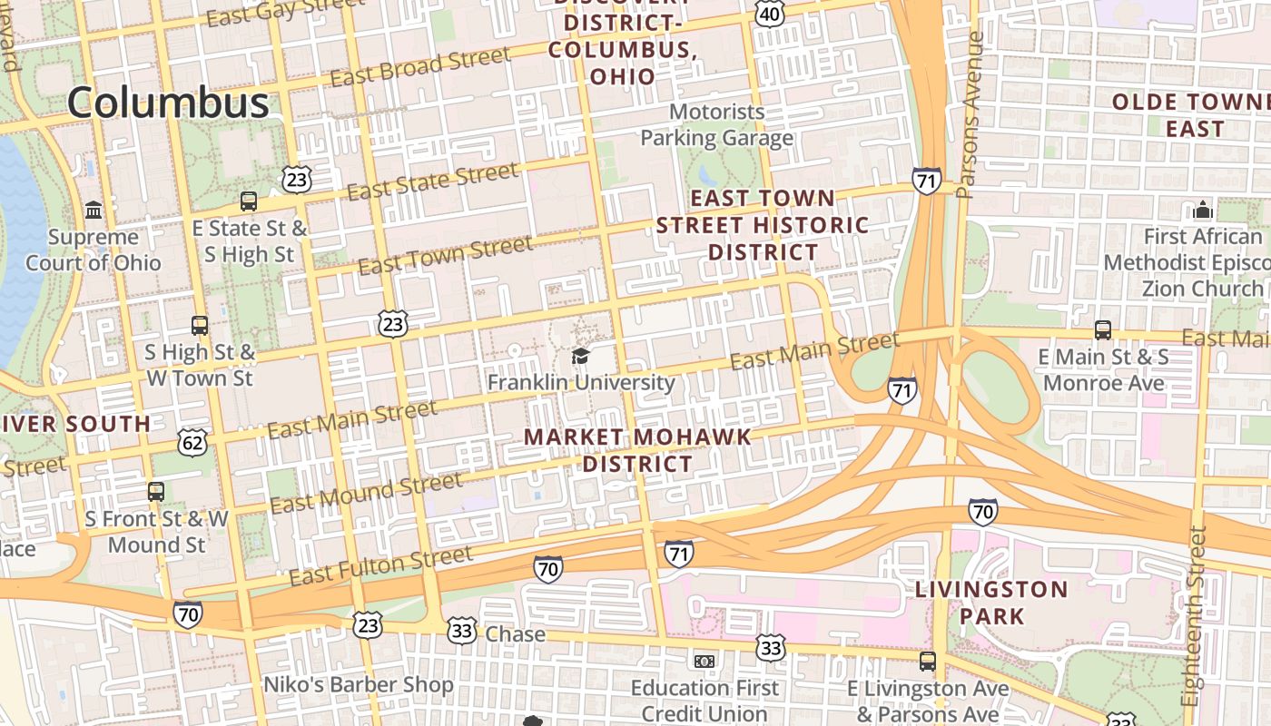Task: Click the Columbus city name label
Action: pyautogui.click(x=168, y=102)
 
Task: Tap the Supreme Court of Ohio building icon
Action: pyautogui.click(x=94, y=211)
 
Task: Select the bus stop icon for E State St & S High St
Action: pyautogui.click(x=249, y=201)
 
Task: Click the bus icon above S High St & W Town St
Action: pyautogui.click(x=200, y=325)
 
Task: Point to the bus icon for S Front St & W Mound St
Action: pyautogui.click(x=156, y=492)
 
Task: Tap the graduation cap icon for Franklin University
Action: pyautogui.click(x=580, y=355)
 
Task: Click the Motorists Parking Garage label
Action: pyautogui.click(x=716, y=125)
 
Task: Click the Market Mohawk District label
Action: pyautogui.click(x=637, y=450)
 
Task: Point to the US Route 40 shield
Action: pyautogui.click(x=769, y=13)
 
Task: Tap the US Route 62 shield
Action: pyautogui.click(x=193, y=442)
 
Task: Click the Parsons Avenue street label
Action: pyautogui.click(x=970, y=115)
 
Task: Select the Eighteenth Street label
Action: pyautogui.click(x=1194, y=617)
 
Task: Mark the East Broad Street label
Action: pyautogui.click(x=420, y=68)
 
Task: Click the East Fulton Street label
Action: pyautogui.click(x=380, y=566)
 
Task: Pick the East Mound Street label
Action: pyautogui.click(x=365, y=493)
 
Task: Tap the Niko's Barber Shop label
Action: pyautogui.click(x=358, y=684)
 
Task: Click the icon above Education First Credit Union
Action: pyautogui.click(x=704, y=661)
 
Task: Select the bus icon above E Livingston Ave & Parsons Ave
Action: pyautogui.click(x=928, y=662)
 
